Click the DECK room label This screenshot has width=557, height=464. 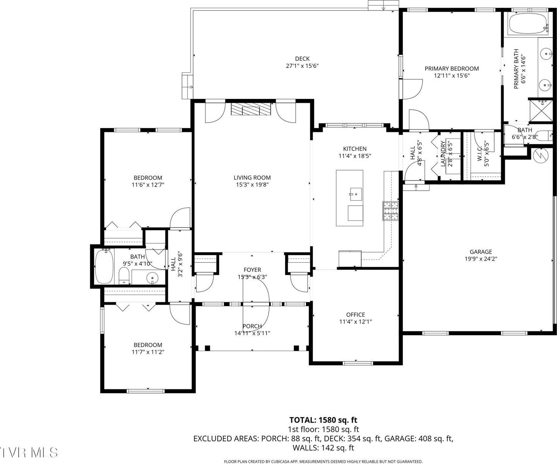(302, 59)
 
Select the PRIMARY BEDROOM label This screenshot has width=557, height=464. (452, 69)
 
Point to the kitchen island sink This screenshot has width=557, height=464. (355, 193)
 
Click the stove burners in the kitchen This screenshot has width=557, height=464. (391, 211)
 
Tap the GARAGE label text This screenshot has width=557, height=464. (481, 252)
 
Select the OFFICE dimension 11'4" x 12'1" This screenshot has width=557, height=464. (355, 322)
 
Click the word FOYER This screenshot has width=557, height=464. (252, 270)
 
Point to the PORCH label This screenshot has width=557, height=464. (252, 326)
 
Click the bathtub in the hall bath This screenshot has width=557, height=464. (104, 266)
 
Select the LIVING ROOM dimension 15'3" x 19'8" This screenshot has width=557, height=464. (252, 185)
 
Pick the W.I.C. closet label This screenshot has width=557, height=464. (483, 154)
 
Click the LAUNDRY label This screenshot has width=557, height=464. (444, 154)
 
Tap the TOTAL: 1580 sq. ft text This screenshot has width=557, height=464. (323, 420)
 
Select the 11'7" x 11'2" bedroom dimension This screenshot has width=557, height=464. (148, 352)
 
